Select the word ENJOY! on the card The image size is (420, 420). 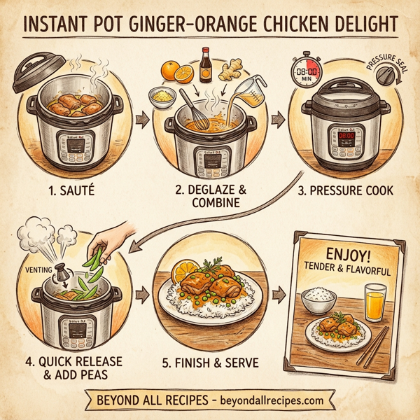pyautogui.click(x=348, y=253)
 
